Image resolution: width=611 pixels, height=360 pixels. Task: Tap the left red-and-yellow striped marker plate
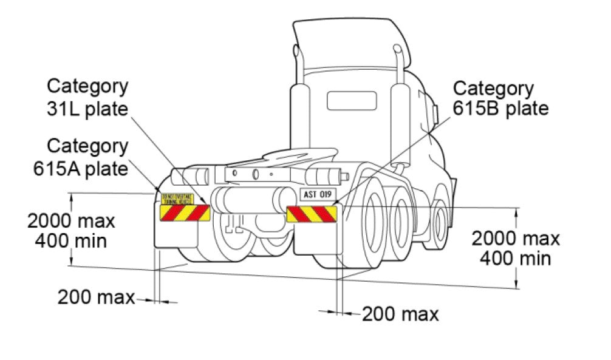[x=185, y=212]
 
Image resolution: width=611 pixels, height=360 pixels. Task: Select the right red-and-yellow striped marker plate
[x=312, y=214]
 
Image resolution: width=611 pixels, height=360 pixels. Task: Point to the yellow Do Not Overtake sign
[x=177, y=199]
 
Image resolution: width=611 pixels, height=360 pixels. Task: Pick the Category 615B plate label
[x=501, y=98]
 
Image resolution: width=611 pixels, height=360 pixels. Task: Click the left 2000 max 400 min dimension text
[x=71, y=231]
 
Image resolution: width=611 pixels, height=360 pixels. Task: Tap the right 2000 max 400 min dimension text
[x=516, y=248]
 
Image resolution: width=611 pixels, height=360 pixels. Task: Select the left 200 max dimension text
[x=96, y=297]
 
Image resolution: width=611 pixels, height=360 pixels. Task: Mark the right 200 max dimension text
[x=400, y=314]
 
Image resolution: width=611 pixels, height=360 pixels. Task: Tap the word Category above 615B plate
[x=494, y=89]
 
